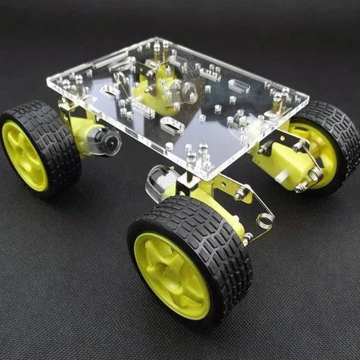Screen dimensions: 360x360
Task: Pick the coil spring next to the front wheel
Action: (265, 219)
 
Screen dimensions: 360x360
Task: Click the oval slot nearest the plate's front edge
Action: (172, 126)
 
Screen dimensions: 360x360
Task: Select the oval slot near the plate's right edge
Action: (239, 85)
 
